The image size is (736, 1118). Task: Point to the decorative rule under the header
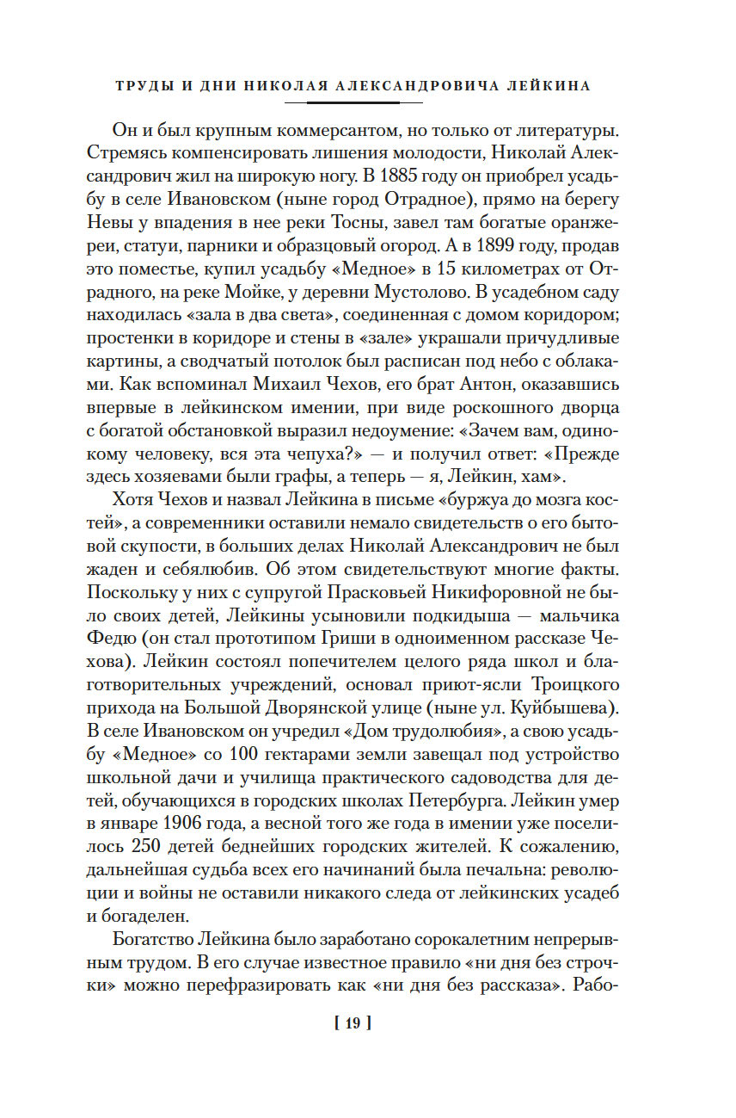click(353, 102)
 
